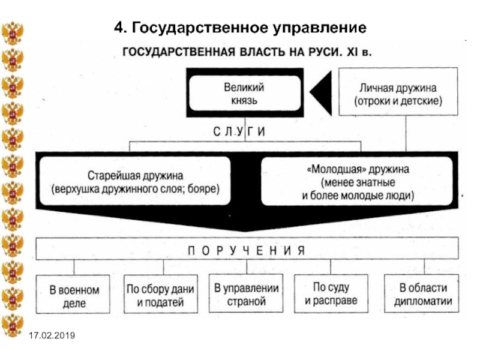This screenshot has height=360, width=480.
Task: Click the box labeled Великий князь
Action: pyautogui.click(x=245, y=93)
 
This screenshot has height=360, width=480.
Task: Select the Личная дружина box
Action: pyautogui.click(x=398, y=92)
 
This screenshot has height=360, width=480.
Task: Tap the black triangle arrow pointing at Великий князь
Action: pyautogui.click(x=322, y=93)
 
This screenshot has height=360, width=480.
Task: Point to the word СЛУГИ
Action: pyautogui.click(x=239, y=131)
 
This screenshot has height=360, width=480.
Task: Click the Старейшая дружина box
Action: pyautogui.click(x=135, y=181)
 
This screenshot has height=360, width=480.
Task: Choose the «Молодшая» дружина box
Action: pyautogui.click(x=357, y=181)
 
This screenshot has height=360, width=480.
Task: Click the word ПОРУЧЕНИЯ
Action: pyautogui.click(x=247, y=251)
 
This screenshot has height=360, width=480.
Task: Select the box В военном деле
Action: pyautogui.click(x=73, y=294)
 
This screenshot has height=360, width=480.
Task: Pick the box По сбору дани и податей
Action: pyautogui.click(x=161, y=294)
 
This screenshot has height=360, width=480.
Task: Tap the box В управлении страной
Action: pyautogui.click(x=246, y=293)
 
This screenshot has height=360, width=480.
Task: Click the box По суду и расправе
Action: pyautogui.click(x=331, y=293)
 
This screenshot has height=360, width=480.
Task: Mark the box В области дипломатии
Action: pyautogui.click(x=422, y=293)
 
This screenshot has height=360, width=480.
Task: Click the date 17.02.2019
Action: pyautogui.click(x=52, y=335)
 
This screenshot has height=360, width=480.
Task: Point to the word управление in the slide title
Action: pyautogui.click(x=320, y=28)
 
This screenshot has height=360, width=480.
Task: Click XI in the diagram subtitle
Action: pyautogui.click(x=352, y=52)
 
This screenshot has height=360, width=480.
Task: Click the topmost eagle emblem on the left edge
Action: pyautogui.click(x=13, y=33)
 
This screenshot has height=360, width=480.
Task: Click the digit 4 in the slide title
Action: pyautogui.click(x=118, y=28)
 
